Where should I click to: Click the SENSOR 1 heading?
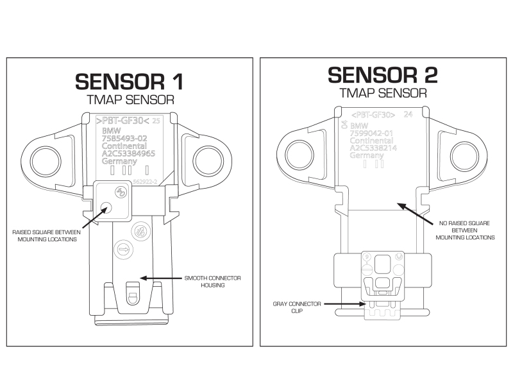click(129, 80)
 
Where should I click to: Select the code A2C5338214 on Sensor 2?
click(374, 148)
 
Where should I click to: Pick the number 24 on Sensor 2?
click(407, 115)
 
